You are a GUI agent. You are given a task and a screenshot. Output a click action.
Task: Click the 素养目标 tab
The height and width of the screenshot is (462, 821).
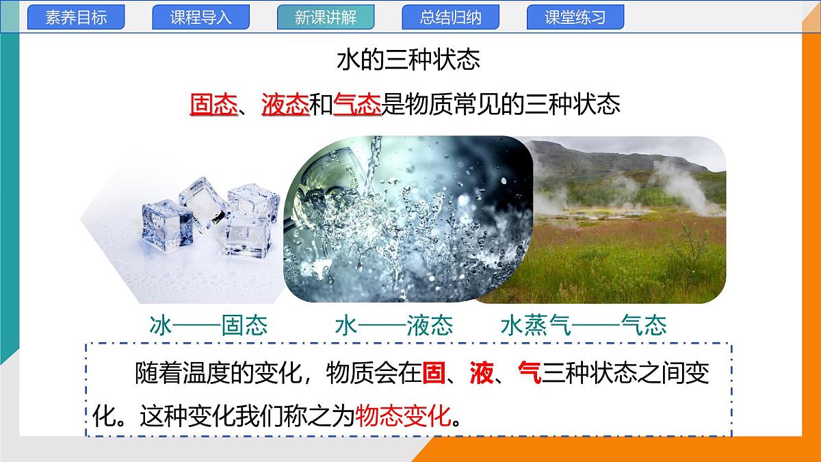[x=76, y=18]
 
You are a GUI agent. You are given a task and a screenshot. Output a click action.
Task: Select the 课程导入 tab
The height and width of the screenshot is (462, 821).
[x=200, y=18]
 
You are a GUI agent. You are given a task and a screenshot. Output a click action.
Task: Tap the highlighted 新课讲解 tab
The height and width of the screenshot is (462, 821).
[x=326, y=18]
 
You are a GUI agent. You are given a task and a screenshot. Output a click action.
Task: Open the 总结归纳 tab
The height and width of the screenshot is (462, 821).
[x=450, y=18]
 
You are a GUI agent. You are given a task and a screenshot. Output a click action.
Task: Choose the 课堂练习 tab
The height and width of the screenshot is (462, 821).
[x=575, y=18]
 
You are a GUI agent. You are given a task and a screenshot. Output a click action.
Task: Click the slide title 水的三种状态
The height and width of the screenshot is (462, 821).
[x=408, y=60]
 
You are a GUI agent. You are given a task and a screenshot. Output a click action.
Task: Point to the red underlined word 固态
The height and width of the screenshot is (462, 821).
[x=213, y=105]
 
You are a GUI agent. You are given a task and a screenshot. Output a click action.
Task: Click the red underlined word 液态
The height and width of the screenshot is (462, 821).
[x=285, y=105]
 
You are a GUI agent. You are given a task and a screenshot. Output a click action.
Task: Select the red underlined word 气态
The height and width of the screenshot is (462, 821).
[x=356, y=105]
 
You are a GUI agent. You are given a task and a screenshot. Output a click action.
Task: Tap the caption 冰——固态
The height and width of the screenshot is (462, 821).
[x=208, y=325]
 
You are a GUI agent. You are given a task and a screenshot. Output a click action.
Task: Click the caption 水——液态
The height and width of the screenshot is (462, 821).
[x=394, y=325]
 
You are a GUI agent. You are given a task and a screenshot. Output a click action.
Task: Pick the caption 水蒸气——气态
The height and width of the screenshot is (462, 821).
[x=584, y=325]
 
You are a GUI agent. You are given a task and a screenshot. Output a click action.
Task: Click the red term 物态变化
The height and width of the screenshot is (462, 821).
[x=404, y=415]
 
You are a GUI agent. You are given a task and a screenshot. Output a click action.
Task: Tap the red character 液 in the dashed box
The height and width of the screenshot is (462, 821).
[x=482, y=374]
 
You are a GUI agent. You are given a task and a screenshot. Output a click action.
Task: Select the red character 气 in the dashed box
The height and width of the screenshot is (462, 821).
[x=530, y=374]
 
